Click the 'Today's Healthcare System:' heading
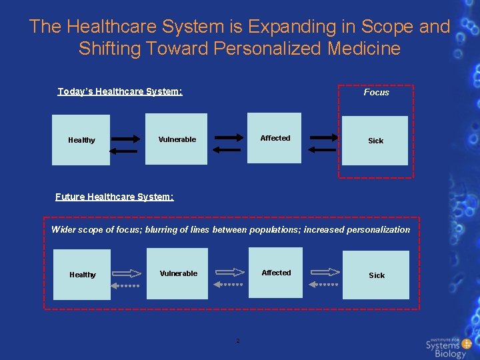point(120,91)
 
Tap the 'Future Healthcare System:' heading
point(115,197)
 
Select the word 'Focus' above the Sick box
point(376,93)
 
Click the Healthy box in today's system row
point(81,140)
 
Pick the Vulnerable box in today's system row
point(177,139)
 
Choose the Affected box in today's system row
point(275,138)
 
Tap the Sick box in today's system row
point(375,141)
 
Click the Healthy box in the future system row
point(83,275)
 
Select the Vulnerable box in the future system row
point(178,273)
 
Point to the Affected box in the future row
point(276,273)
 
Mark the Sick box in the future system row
point(377,275)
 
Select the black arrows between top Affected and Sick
point(323,143)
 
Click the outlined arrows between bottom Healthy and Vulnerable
point(127,278)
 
